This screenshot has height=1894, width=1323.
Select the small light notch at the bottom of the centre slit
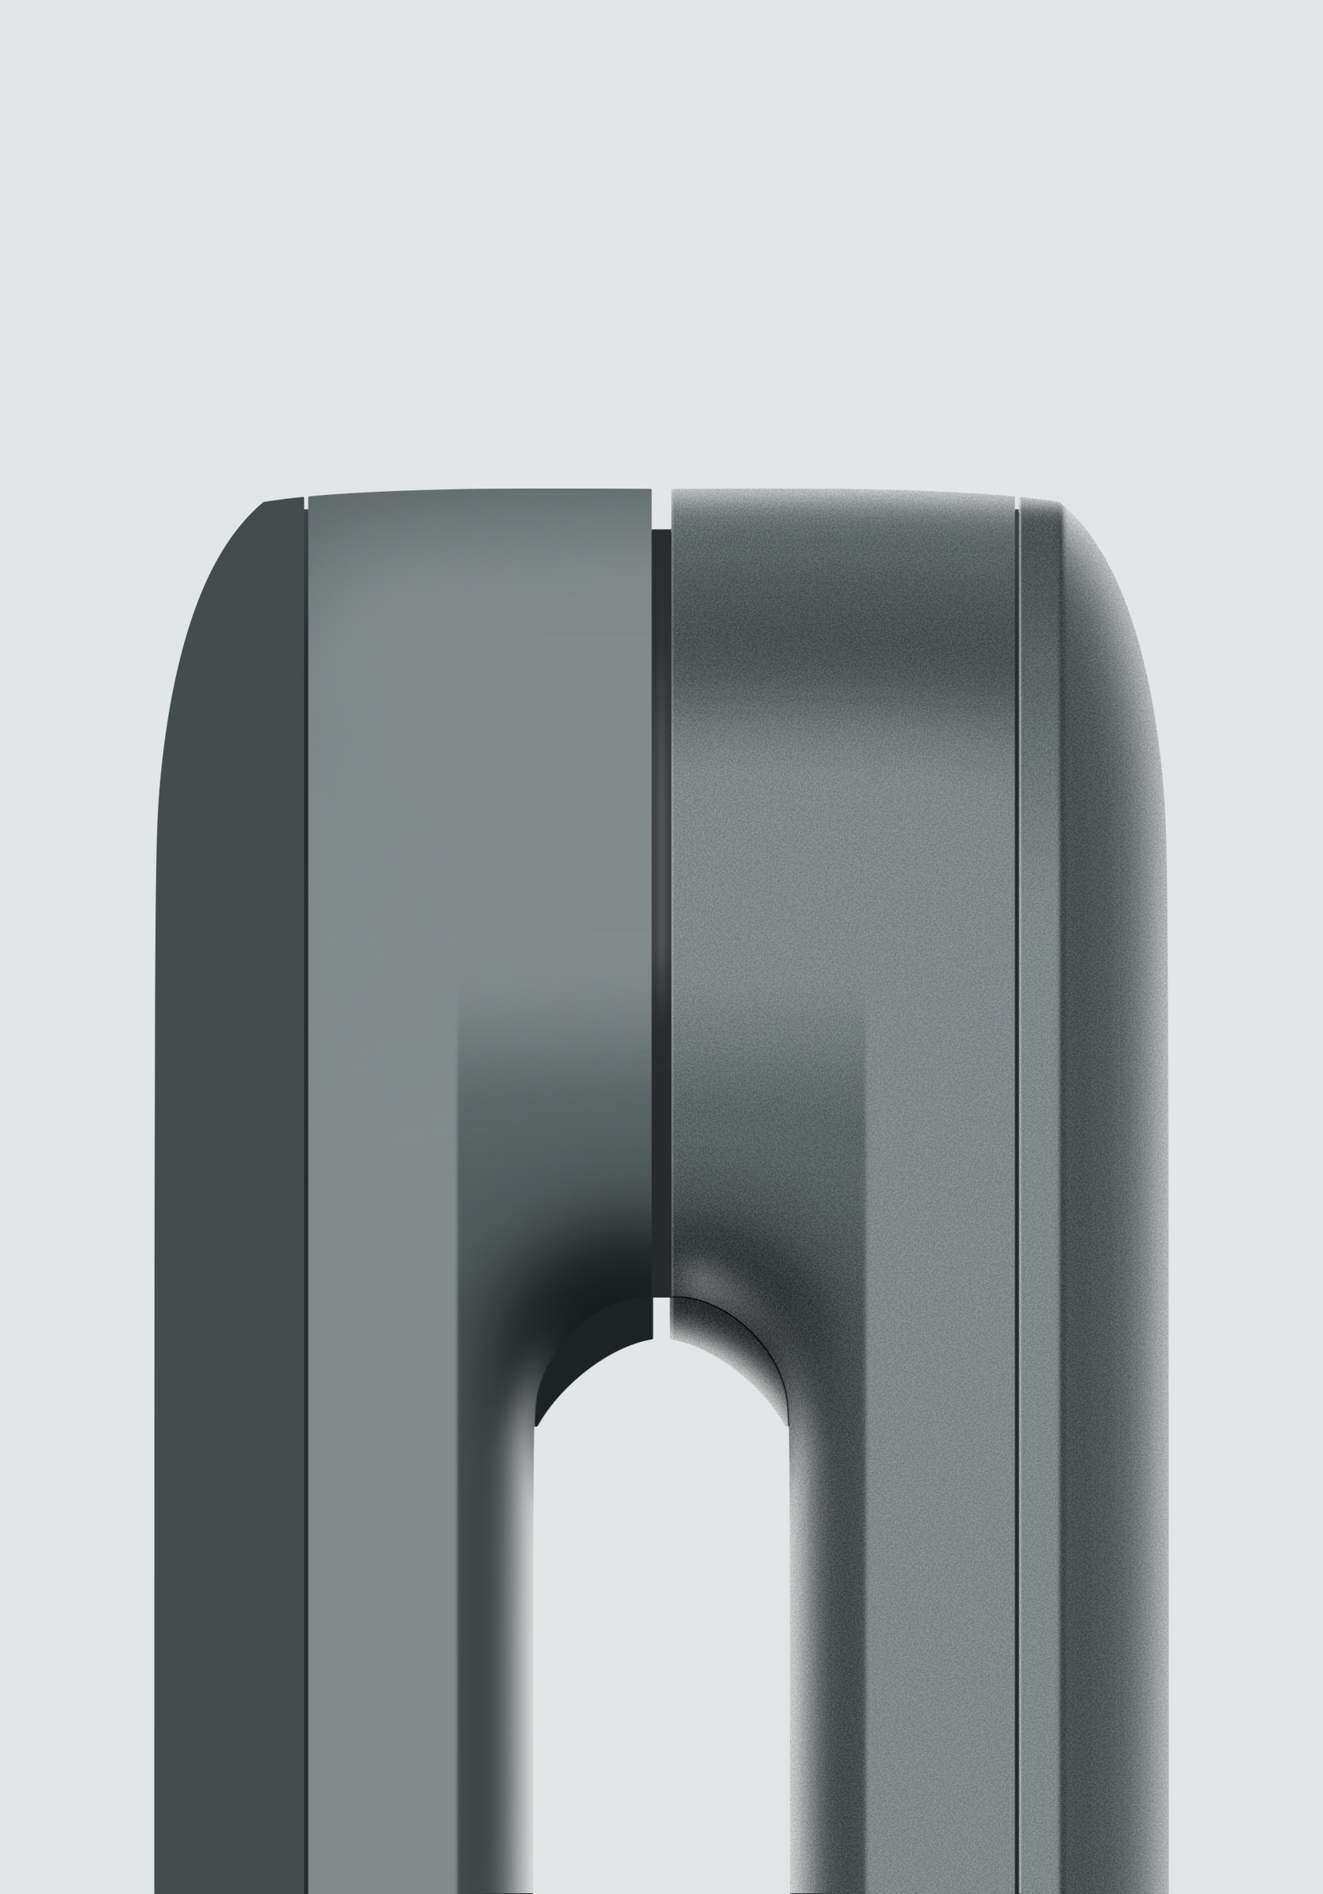(661, 1312)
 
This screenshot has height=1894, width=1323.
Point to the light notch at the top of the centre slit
(661, 508)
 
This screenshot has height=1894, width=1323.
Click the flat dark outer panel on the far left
(231, 1155)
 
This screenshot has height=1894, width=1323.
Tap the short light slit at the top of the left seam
(306, 502)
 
